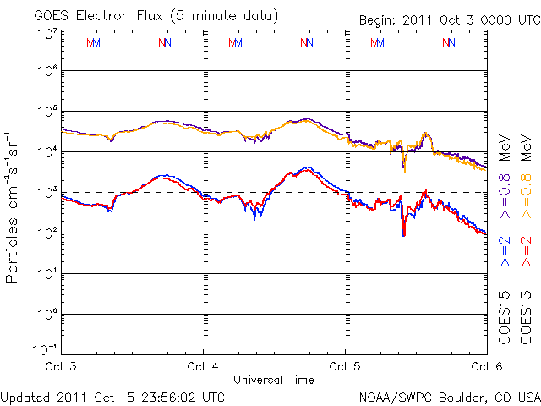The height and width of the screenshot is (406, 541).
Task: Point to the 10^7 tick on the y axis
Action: tap(46, 34)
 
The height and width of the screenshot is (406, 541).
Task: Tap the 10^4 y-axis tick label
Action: tap(46, 151)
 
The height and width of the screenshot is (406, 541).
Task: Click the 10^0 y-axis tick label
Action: tap(46, 315)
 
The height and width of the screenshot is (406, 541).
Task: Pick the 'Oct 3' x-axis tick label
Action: tap(61, 366)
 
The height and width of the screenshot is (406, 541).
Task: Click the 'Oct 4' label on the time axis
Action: tap(203, 366)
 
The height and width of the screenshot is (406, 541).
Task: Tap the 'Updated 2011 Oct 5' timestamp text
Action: tap(112, 396)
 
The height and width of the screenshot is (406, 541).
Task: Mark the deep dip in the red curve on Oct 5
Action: tap(404, 232)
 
